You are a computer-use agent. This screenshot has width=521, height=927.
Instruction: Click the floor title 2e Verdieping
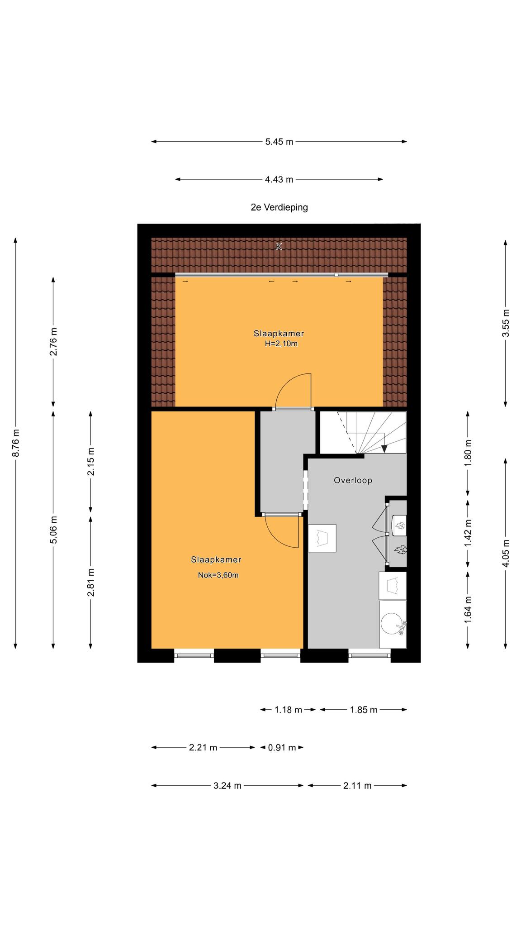pyautogui.click(x=279, y=207)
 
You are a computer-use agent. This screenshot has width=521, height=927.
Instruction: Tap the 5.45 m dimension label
pyautogui.click(x=279, y=142)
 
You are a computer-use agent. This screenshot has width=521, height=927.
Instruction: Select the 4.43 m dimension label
pyautogui.click(x=279, y=180)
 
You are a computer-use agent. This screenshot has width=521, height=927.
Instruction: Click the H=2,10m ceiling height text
pyautogui.click(x=281, y=344)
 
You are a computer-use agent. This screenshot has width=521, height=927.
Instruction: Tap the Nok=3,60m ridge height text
pyautogui.click(x=218, y=575)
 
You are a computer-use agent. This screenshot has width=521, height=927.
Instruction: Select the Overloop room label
pyautogui.click(x=353, y=480)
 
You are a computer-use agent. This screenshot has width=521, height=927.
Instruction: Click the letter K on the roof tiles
pyautogui.click(x=279, y=247)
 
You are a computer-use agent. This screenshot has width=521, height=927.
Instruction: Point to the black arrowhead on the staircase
pyautogui.click(x=384, y=449)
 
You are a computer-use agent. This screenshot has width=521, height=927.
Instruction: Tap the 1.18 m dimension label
pyautogui.click(x=288, y=710)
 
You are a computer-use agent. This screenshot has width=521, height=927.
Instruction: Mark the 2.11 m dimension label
pyautogui.click(x=357, y=786)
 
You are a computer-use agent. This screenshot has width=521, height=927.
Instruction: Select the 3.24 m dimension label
pyautogui.click(x=227, y=786)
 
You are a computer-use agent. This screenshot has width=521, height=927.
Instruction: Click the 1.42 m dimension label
pyautogui.click(x=468, y=533)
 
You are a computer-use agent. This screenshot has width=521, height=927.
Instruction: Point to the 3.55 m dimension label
pyautogui.click(x=506, y=323)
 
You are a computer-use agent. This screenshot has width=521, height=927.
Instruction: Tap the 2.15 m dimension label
pyautogui.click(x=91, y=461)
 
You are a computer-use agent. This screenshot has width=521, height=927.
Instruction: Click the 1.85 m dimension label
pyautogui.click(x=364, y=710)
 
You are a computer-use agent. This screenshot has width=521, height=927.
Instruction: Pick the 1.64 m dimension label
pyautogui.click(x=468, y=609)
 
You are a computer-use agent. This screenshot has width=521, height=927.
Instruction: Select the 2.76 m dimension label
pyautogui.click(x=53, y=342)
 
